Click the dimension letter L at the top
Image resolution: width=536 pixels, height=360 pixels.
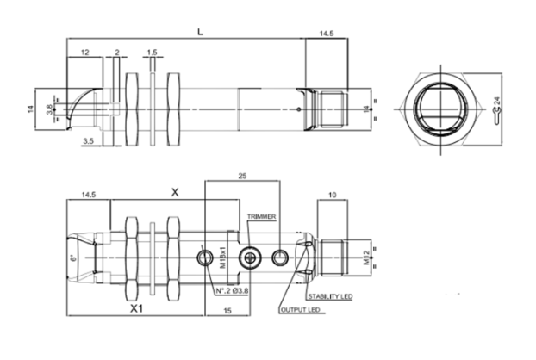(200, 32)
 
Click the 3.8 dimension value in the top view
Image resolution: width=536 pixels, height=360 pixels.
(49, 109)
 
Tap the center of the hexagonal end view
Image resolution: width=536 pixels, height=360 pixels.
(439, 109)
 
